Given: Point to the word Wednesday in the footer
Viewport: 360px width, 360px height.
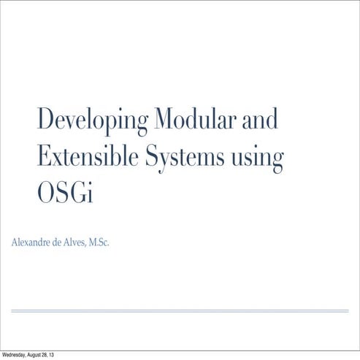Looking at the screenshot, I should [x=16, y=355].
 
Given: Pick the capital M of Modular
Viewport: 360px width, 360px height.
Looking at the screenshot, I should [x=162, y=118].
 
